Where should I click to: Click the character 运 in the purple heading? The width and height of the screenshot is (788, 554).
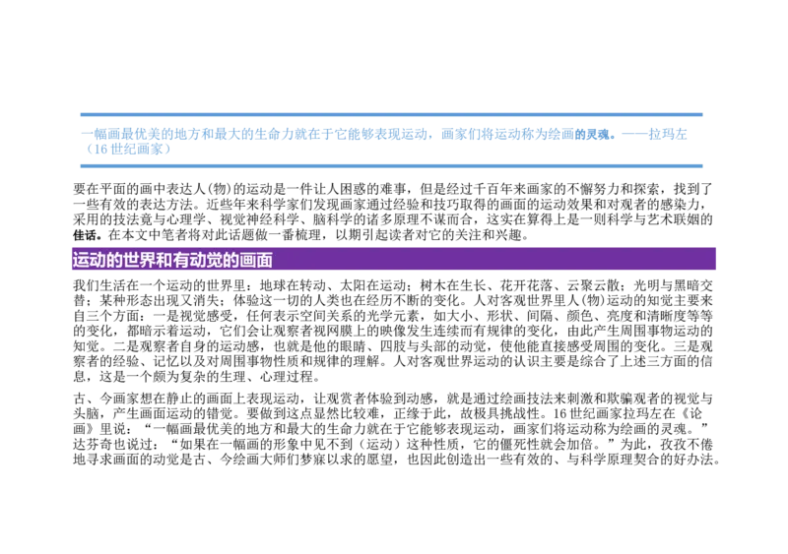tap(80, 261)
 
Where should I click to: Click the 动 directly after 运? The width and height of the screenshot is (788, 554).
tap(97, 261)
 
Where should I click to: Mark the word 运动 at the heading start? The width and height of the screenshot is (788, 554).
tap(89, 261)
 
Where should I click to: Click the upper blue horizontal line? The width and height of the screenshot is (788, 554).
tap(394, 114)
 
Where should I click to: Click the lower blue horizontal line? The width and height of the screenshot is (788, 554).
tap(394, 167)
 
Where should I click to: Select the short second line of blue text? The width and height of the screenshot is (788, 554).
tap(130, 150)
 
